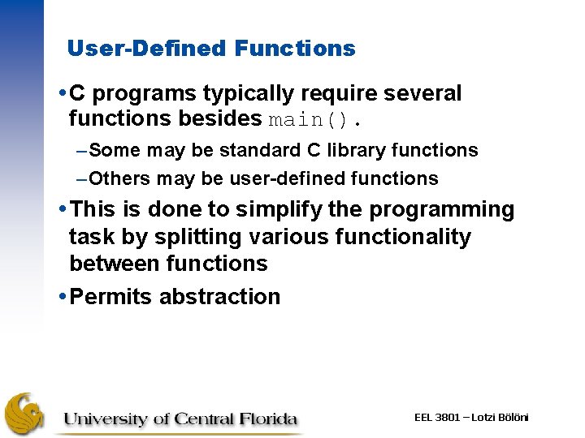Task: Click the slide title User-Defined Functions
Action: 211,49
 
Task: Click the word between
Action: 115,264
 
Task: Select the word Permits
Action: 111,297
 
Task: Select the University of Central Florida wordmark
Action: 180,419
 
